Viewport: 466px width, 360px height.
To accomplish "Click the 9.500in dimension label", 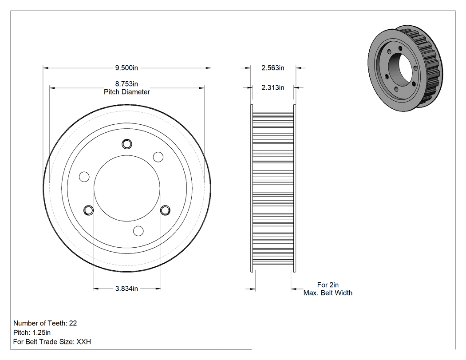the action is point(126,68).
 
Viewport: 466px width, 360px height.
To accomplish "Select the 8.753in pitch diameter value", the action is point(126,84).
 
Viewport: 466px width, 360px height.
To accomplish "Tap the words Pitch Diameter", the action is point(126,92).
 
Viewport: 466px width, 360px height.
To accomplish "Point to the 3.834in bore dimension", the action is point(126,289).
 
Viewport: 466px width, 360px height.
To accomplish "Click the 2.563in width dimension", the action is point(273,68).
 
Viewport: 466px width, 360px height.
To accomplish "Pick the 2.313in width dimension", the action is point(273,87).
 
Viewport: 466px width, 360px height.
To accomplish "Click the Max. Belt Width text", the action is point(328,293).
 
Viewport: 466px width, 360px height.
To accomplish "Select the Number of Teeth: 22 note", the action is point(45,323).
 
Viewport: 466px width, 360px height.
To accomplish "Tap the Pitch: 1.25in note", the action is point(32,332).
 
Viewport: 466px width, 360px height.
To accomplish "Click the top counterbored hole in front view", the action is point(127,144).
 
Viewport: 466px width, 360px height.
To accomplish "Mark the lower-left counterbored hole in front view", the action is point(88,210).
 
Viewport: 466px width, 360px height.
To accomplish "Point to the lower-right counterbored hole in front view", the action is point(165,210).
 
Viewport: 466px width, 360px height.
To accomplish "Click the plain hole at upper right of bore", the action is point(158,157).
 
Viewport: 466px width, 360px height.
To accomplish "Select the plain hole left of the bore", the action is point(84,177).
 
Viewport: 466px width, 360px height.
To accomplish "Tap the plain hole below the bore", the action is point(138,231).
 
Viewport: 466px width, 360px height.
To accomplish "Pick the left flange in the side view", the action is point(252,188).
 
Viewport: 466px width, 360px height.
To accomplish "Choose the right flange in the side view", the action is point(295,188).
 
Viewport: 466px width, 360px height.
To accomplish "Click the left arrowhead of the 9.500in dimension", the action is point(45,68).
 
